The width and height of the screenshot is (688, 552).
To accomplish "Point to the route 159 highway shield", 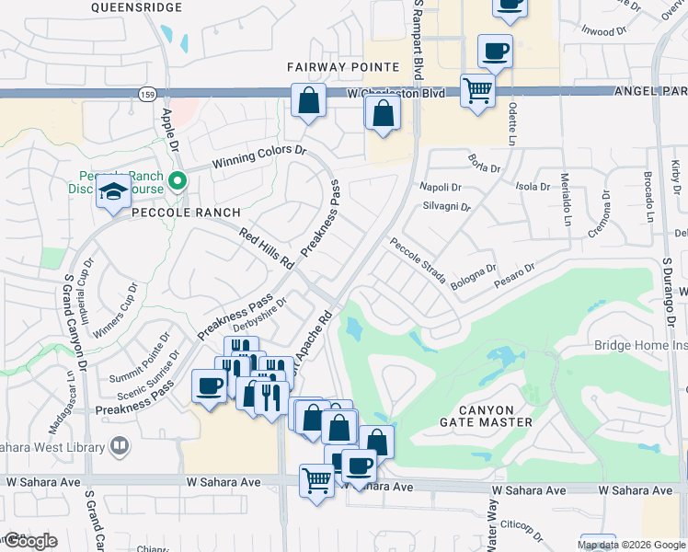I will pos(146,95).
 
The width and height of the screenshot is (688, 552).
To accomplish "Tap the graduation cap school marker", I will pos(115,191).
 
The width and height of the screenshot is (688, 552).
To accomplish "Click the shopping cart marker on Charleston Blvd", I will pos(477,91).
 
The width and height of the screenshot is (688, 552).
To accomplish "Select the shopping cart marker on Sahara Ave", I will pos(316,479).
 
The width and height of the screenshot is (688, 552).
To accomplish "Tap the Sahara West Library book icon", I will pos(119,447).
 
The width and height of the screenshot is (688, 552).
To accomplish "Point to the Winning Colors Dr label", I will pos(258,156).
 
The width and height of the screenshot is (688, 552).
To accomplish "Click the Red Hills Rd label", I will pos(266,248).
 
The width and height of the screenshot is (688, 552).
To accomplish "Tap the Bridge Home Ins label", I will pos(640,346).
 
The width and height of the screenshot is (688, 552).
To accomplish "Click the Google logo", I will pos(31,541).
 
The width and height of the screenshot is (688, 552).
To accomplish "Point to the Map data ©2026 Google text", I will pos(631,545).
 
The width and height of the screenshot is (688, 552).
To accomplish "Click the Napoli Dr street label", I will pos(441,186).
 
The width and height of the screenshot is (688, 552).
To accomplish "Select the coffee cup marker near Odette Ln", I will pos(495,52).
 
